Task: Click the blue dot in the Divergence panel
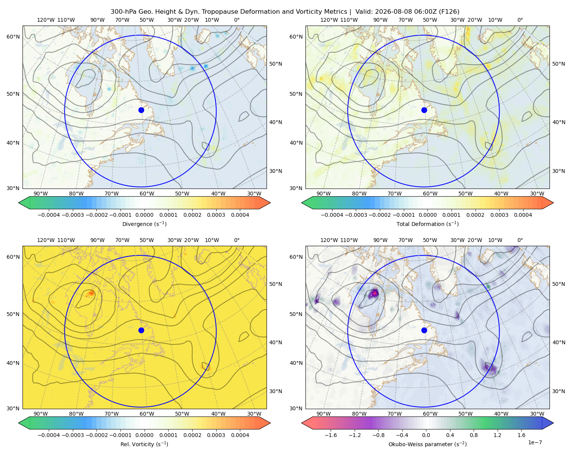click(x=141, y=110)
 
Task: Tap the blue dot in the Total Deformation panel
click(x=424, y=110)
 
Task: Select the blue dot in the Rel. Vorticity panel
click(x=141, y=330)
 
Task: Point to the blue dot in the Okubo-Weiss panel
click(x=424, y=330)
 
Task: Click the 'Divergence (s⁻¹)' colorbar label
click(x=144, y=224)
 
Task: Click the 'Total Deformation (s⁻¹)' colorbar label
click(x=427, y=224)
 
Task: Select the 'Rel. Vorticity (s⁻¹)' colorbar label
click(x=144, y=444)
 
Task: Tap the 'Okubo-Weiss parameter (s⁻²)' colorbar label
click(x=427, y=444)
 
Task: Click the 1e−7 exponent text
click(x=535, y=442)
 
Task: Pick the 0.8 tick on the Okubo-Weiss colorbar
click(x=474, y=435)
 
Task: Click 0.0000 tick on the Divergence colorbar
click(x=144, y=215)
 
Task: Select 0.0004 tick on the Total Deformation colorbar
click(x=523, y=215)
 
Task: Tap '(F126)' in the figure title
click(x=449, y=12)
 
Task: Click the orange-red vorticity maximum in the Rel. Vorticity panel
click(x=91, y=293)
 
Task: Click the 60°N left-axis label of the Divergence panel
click(x=13, y=37)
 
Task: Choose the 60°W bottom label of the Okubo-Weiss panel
click(x=430, y=414)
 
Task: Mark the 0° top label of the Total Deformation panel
click(x=520, y=20)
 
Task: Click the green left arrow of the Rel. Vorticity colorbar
click(x=24, y=423)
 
